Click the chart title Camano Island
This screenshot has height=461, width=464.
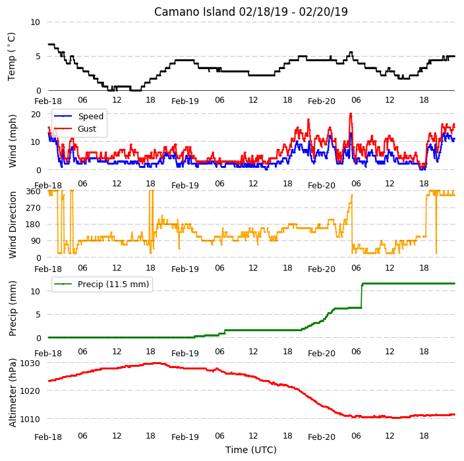point(194,12)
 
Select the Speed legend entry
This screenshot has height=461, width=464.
point(78,116)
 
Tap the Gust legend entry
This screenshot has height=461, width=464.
point(75,128)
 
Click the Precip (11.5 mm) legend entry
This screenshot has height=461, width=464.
point(101,284)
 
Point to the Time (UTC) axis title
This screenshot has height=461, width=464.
point(251,450)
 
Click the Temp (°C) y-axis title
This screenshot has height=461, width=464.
point(11,57)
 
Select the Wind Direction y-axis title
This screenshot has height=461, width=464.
point(13,225)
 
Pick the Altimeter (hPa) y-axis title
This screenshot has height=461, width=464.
point(13,393)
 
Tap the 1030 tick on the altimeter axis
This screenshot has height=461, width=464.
point(30,363)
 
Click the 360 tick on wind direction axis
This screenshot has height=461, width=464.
point(33,192)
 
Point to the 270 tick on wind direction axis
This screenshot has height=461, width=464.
point(33,208)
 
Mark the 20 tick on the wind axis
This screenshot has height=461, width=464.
point(36,114)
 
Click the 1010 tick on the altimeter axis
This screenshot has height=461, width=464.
point(30,419)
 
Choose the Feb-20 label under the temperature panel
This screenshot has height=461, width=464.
point(322,101)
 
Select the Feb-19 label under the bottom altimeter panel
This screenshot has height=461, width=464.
point(185,437)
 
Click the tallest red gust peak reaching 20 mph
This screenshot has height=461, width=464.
point(351,114)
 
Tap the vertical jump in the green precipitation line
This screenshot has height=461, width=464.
point(362,296)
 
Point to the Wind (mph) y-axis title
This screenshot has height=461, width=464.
point(13,141)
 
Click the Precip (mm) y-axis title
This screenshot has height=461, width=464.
point(13,308)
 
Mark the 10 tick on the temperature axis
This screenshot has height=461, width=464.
point(35,22)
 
